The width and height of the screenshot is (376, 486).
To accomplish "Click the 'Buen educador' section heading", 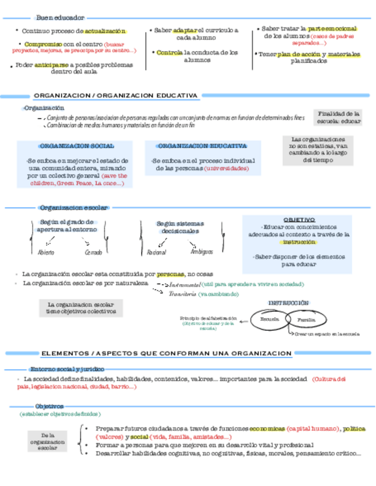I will (x=60, y=18).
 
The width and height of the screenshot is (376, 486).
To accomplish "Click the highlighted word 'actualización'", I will (x=105, y=31).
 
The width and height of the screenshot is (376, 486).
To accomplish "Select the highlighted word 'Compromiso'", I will (x=43, y=44).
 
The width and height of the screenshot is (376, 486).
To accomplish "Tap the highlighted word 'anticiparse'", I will (x=52, y=65).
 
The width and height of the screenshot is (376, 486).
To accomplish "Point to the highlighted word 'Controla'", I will (x=170, y=53).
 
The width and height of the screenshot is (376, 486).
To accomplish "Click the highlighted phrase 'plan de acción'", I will (x=299, y=54).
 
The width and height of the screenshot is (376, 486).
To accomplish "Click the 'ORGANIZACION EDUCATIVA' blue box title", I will (x=202, y=146).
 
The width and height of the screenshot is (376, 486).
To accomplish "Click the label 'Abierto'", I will (x=46, y=252).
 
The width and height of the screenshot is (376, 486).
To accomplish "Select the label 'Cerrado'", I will (x=93, y=252).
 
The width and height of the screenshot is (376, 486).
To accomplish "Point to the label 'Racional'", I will (x=156, y=252).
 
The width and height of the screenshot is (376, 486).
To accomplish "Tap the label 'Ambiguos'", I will (x=202, y=252).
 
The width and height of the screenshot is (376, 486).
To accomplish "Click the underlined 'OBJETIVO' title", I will (x=299, y=220).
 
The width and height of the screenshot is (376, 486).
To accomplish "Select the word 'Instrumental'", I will (x=185, y=284).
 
